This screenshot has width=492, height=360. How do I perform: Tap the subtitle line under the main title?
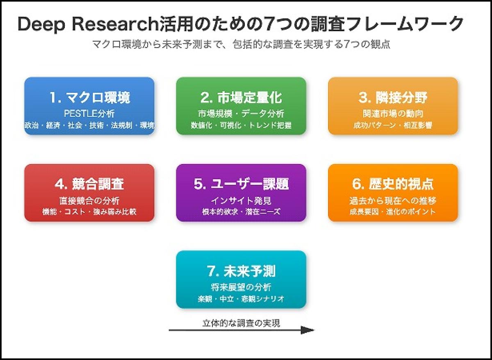[241, 44]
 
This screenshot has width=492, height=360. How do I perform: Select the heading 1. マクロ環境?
[89, 98]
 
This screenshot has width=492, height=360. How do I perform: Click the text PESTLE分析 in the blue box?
[89, 113]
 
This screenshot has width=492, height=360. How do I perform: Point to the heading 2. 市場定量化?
[241, 98]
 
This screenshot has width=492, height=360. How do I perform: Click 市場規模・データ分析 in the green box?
[241, 113]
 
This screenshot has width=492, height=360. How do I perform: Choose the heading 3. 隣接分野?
[393, 98]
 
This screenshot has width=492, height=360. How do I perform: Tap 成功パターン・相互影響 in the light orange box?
[393, 125]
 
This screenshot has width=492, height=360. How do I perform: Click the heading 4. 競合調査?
[89, 185]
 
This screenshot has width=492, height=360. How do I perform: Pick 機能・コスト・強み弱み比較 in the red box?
[89, 212]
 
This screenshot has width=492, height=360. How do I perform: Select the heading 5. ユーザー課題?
[241, 185]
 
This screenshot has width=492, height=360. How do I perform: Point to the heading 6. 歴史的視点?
[393, 185]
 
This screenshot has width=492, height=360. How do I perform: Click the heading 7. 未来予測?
[241, 271]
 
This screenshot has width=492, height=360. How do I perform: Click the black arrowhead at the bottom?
[307, 330]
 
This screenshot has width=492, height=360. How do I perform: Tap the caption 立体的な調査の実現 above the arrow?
[241, 323]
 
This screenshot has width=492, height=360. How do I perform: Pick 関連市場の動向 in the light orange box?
[393, 113]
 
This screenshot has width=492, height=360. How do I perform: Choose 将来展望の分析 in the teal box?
[241, 287]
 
